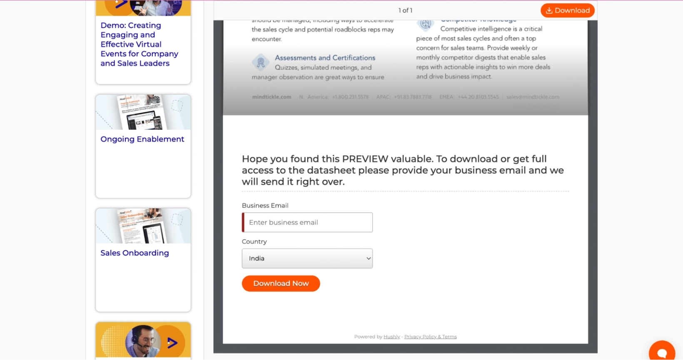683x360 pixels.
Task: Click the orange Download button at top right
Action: [567, 10]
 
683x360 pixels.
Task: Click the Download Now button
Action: [281, 283]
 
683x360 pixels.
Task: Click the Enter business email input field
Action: [307, 222]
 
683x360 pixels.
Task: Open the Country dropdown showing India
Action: [307, 258]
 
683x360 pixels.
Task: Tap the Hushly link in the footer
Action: [391, 337]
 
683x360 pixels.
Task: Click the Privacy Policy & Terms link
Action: [430, 337]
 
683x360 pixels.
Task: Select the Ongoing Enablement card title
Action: [142, 139]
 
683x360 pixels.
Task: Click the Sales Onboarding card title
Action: [135, 253]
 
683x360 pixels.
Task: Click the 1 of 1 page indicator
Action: [405, 10]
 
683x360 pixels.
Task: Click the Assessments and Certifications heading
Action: [325, 58]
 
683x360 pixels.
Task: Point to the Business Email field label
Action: [265, 206]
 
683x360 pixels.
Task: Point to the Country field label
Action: [254, 242]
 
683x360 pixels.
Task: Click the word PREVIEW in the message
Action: [365, 159]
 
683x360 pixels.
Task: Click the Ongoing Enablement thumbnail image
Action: [143, 112]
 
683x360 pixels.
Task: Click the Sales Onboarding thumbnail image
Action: [143, 226]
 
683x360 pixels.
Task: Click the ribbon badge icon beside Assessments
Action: [261, 62]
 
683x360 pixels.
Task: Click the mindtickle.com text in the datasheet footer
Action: [272, 97]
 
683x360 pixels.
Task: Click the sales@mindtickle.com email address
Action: [533, 97]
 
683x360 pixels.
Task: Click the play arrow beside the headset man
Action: [172, 343]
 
